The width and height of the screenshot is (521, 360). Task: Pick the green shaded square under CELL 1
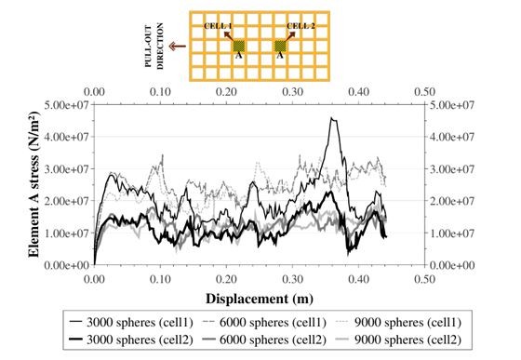tap(238, 45)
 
